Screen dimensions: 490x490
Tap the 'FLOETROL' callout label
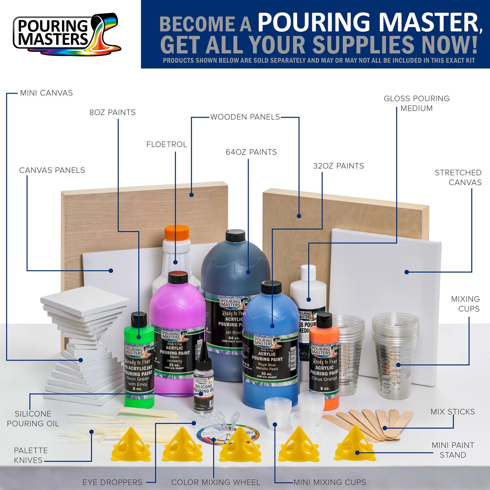[x=167, y=144]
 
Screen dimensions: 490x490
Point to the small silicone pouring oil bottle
[x=203, y=385]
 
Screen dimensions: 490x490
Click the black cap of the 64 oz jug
[x=235, y=235]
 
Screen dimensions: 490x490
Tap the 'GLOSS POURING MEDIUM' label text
[x=416, y=103]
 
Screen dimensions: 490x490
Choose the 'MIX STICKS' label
[x=453, y=412]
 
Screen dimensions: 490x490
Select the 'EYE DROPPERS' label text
[x=112, y=482]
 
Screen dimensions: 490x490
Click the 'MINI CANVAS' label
[x=46, y=93]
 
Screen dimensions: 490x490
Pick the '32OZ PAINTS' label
[x=338, y=166]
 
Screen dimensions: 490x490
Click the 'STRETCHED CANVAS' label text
[x=458, y=177]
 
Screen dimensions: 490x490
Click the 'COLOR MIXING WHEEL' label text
[x=216, y=482]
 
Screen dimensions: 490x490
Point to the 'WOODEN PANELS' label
[x=245, y=117]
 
